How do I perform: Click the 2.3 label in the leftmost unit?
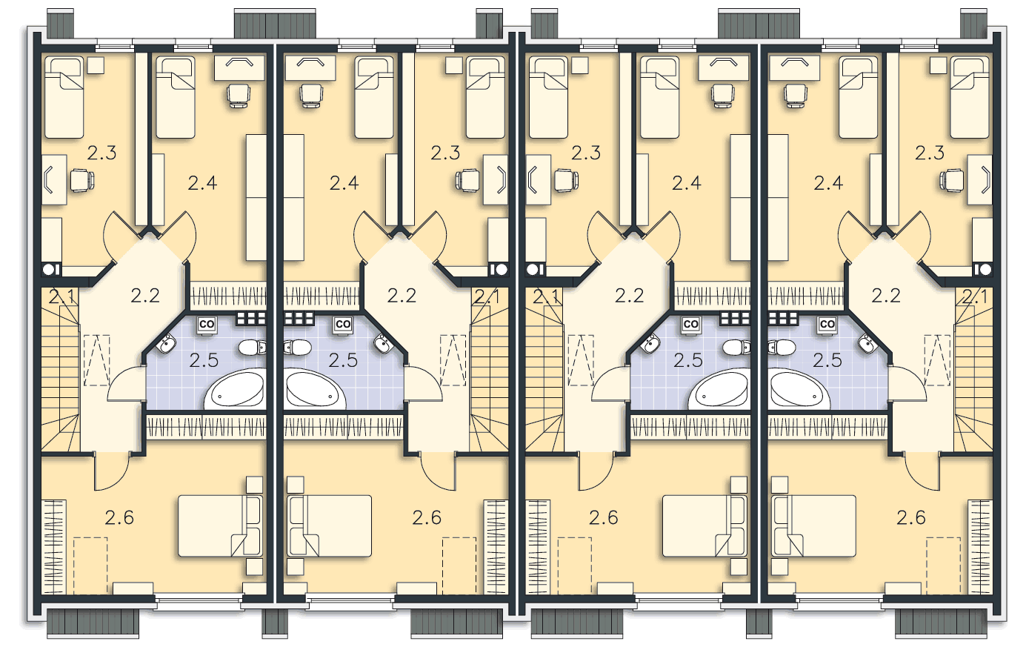click(x=101, y=153)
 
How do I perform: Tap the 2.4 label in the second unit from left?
click(x=344, y=183)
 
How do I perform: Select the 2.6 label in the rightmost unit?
click(x=911, y=518)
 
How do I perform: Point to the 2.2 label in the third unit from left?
click(x=630, y=296)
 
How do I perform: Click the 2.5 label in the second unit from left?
click(x=343, y=361)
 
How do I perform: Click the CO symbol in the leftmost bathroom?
click(x=207, y=325)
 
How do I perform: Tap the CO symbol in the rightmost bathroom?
click(x=827, y=325)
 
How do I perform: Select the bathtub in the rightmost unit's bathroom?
click(x=798, y=388)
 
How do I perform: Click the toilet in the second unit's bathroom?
click(x=298, y=347)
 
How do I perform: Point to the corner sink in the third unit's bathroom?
click(x=650, y=343)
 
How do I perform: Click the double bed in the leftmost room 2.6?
click(x=220, y=526)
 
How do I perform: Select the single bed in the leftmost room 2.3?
click(x=64, y=97)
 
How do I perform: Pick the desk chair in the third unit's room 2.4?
click(x=723, y=96)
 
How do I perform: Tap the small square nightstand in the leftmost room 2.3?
click(x=96, y=65)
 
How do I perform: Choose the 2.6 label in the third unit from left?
click(x=604, y=518)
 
